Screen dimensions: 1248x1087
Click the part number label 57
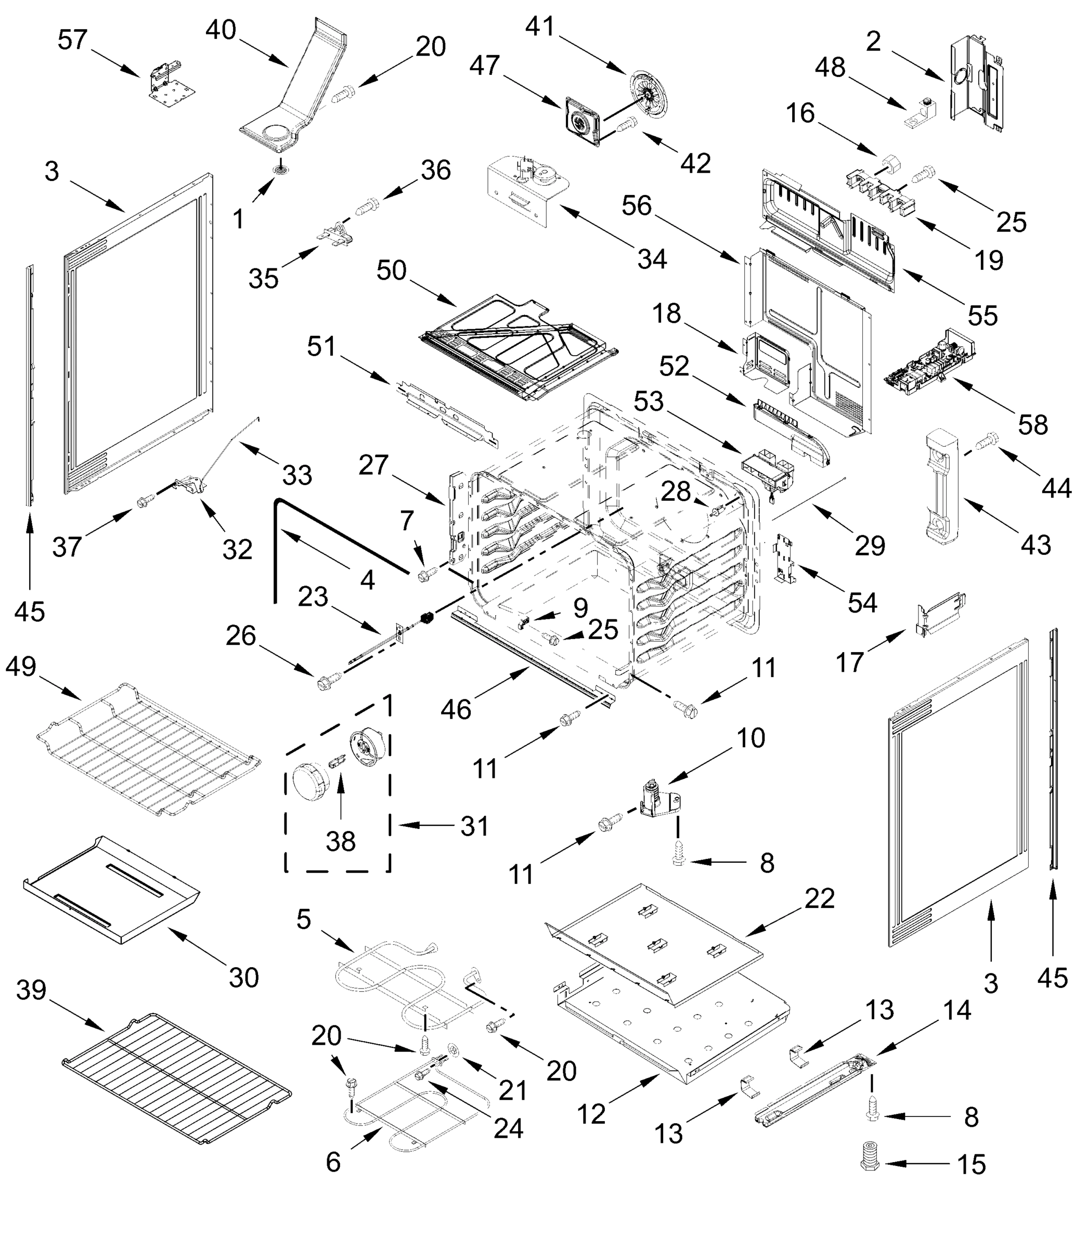tap(73, 41)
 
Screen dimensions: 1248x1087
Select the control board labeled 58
tap(931, 364)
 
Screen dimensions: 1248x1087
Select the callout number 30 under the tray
tap(243, 977)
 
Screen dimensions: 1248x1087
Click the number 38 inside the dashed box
tap(340, 841)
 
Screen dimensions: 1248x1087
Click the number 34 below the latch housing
tap(652, 259)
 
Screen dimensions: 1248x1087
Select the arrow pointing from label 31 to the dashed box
tap(424, 825)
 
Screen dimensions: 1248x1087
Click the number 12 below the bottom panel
tap(591, 1114)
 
